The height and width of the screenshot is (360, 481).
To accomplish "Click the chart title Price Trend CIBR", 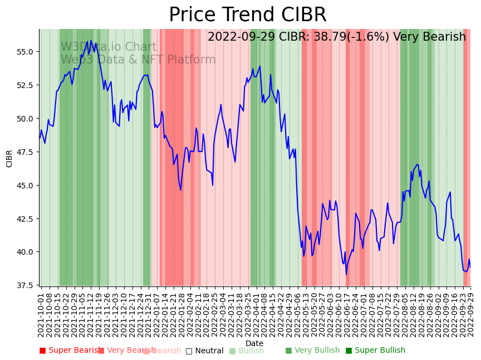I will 247,15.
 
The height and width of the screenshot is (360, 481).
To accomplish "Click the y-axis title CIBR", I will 9,158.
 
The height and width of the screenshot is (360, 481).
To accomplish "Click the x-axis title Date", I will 254,343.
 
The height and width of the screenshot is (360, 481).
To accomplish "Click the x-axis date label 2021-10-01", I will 41,313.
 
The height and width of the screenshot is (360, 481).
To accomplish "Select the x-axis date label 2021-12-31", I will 148,313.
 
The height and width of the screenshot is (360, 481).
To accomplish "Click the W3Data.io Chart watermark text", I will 109,47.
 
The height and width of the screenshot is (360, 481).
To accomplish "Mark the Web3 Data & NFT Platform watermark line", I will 138,60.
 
